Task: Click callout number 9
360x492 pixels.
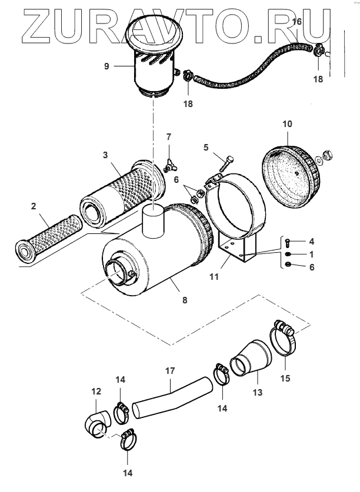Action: coord(106,66)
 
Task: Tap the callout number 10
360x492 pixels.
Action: coord(286,124)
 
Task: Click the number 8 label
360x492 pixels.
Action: coord(185,300)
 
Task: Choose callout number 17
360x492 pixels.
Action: coord(170,372)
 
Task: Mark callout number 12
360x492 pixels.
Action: coord(95,390)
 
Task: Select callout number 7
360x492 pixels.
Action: coord(168,137)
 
